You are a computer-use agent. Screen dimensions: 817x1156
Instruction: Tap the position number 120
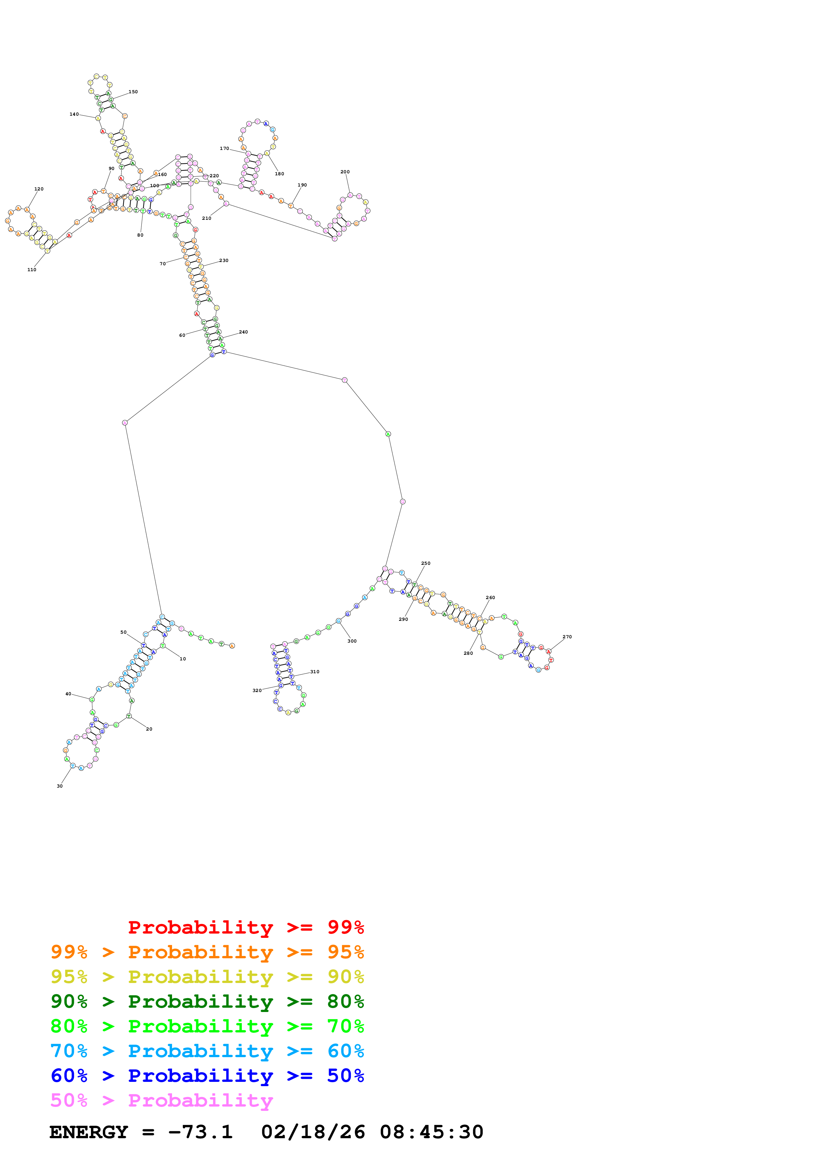(x=39, y=189)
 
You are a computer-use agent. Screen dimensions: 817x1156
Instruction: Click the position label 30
(x=59, y=786)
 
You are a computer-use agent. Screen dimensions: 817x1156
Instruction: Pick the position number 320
(x=257, y=691)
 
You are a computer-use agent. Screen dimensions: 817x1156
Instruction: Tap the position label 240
(x=243, y=332)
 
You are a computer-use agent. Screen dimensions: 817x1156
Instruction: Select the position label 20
(x=149, y=729)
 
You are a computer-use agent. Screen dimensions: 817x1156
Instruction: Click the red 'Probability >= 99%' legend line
(x=246, y=927)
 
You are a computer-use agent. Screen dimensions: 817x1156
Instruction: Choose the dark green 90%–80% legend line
(x=207, y=1001)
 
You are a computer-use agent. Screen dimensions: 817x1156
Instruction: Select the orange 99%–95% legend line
(x=207, y=952)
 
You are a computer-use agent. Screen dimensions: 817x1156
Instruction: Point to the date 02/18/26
(x=313, y=1132)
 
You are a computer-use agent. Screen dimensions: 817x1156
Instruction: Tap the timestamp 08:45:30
(x=431, y=1132)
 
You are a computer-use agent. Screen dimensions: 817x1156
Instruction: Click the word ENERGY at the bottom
(x=89, y=1132)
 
